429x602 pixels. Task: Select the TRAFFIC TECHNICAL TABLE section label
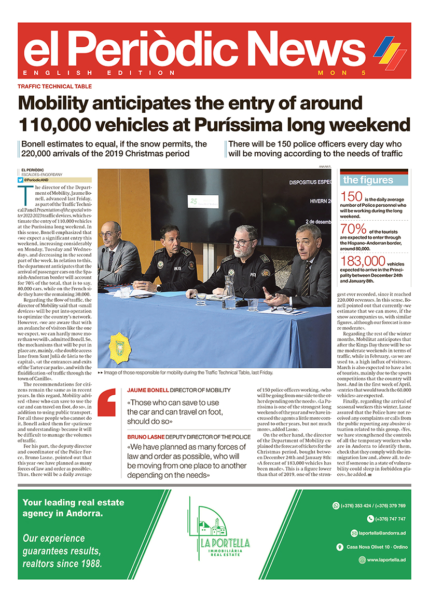54,87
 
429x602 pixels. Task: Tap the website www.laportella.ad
386,560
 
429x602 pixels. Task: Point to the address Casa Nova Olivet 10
373,546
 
